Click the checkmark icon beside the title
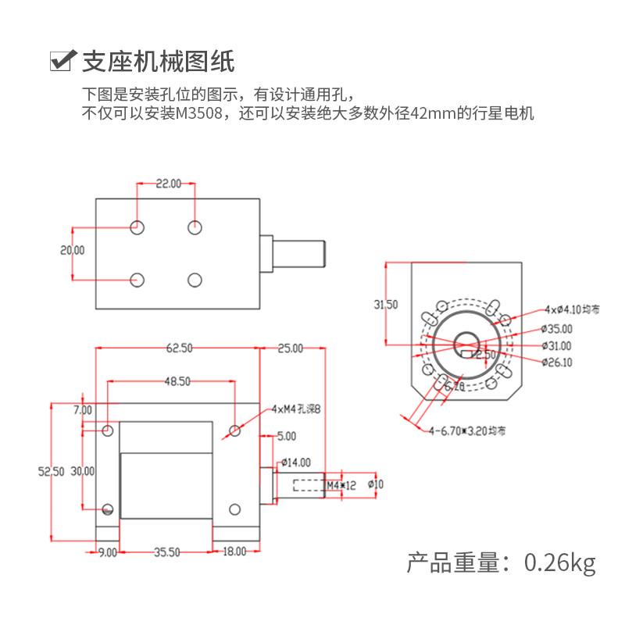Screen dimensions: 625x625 coord(62,60)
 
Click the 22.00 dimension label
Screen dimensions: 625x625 coord(168,184)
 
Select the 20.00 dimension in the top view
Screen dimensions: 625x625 coord(73,250)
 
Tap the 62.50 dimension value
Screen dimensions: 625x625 coord(179,348)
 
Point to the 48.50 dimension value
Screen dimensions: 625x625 coord(177,381)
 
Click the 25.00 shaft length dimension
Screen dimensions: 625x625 coord(291,348)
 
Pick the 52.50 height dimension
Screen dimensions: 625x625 coord(52,471)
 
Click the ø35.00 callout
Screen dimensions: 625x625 coord(556,329)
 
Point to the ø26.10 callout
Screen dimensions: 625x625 coord(556,362)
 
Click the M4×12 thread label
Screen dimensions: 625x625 coord(341,485)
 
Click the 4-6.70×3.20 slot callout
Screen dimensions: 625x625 coord(468,430)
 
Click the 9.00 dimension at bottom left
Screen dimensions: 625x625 coord(107,552)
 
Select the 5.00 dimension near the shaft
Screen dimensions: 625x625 coord(287,435)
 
